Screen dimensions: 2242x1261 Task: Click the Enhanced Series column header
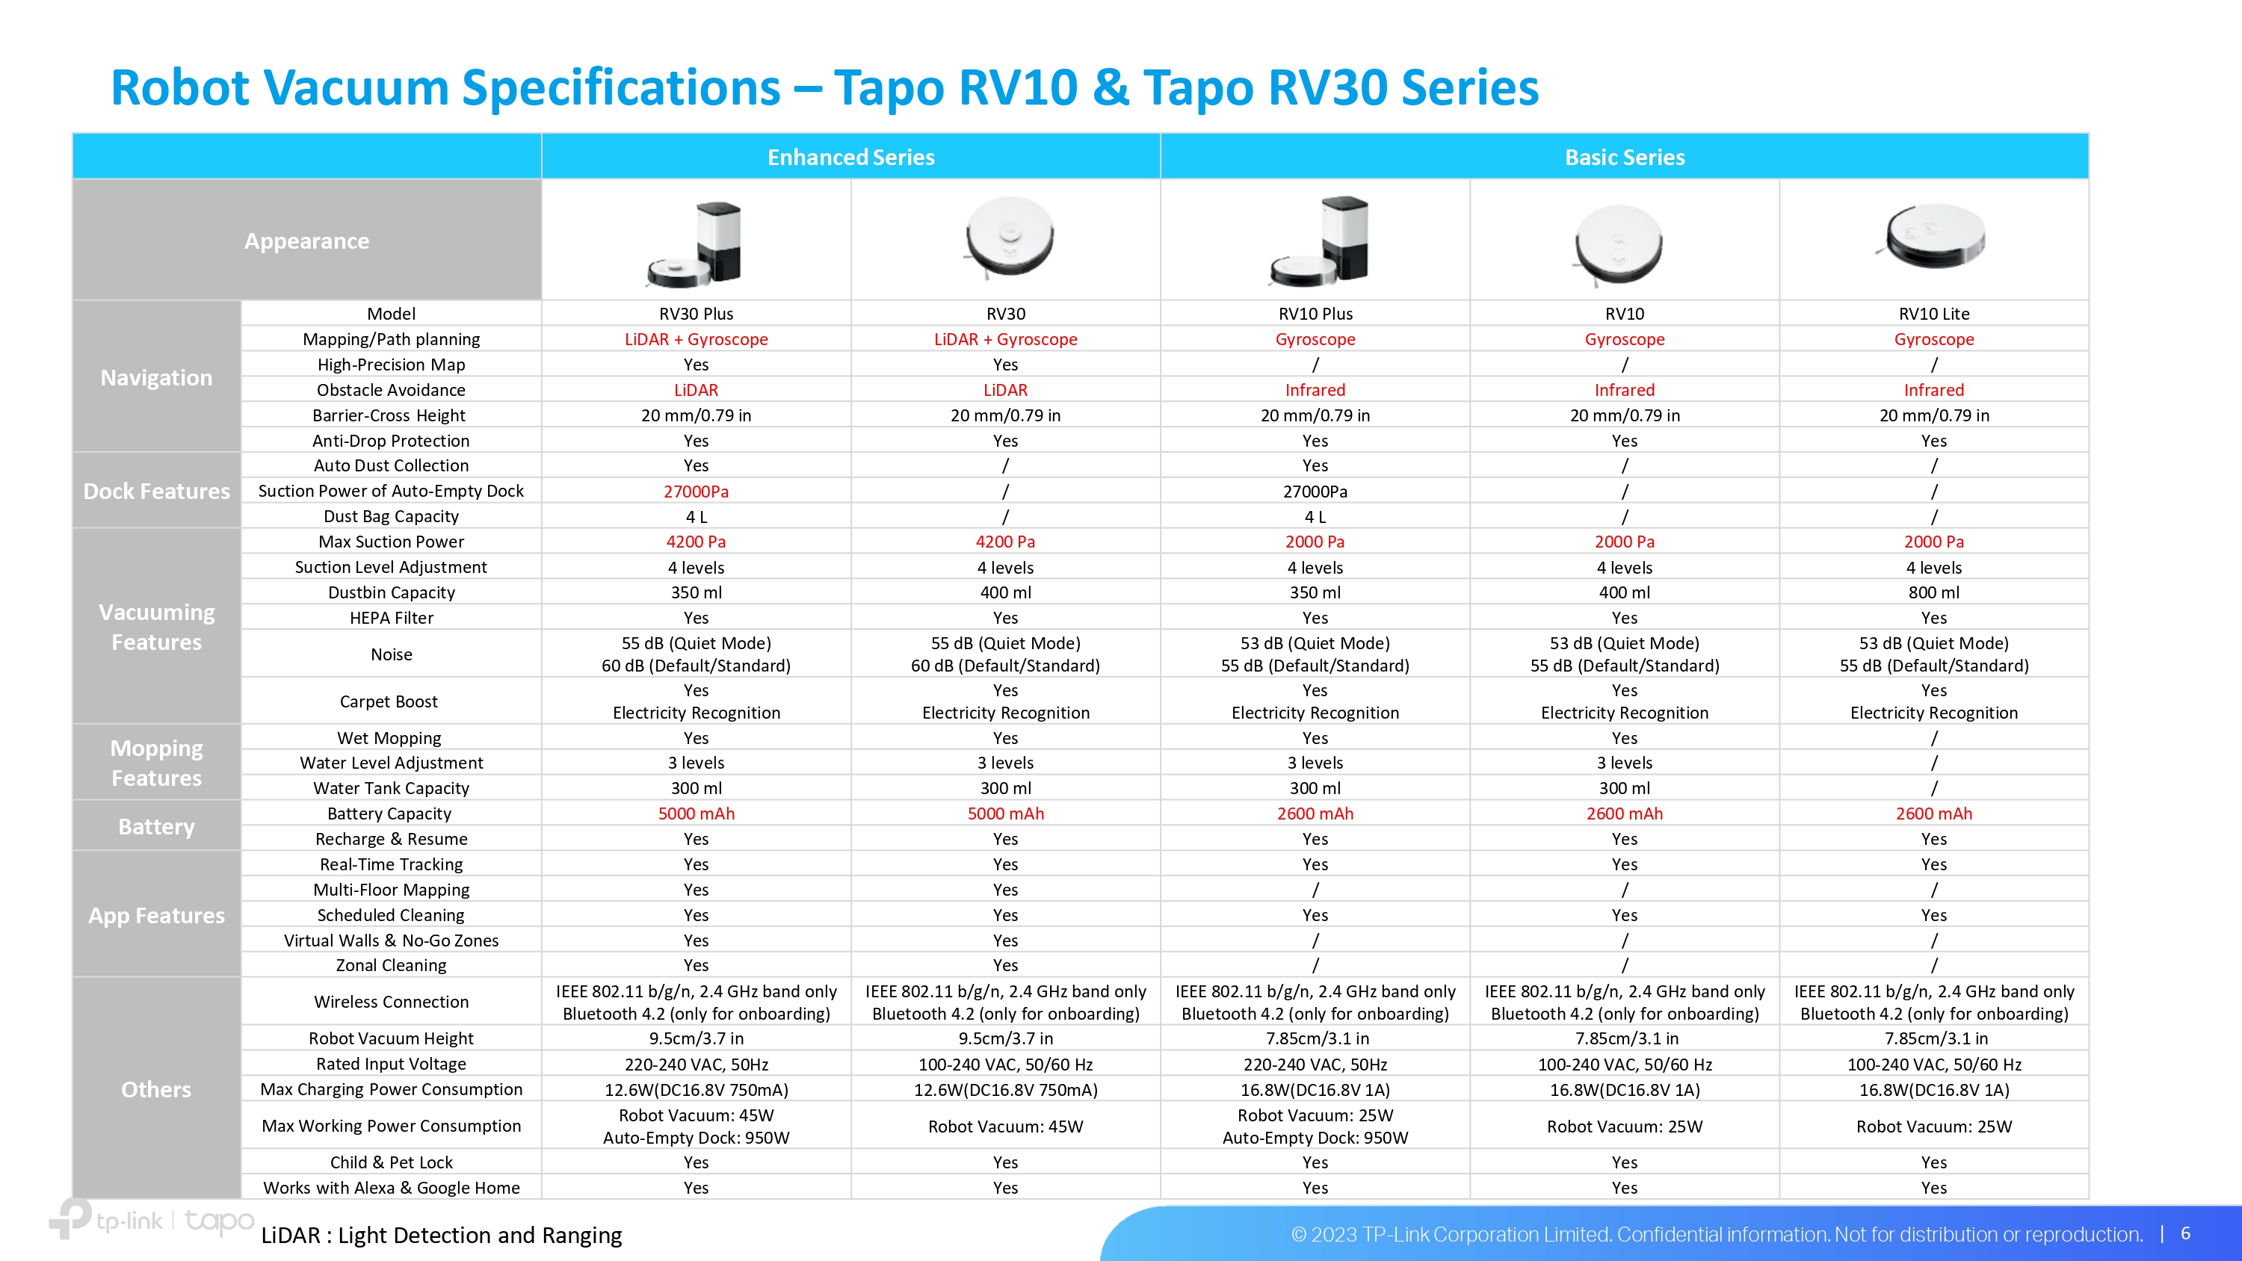coord(850,158)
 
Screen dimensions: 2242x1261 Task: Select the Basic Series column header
coord(1624,158)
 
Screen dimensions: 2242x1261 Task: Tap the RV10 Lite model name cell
coord(1934,313)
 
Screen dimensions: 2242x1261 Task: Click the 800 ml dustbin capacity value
coord(1934,592)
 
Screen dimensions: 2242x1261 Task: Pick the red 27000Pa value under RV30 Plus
coord(696,492)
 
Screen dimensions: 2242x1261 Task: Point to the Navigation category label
coord(157,378)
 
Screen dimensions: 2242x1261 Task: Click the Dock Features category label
coord(157,491)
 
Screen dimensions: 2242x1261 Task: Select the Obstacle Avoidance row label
coord(391,390)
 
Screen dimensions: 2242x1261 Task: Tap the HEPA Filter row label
coord(391,618)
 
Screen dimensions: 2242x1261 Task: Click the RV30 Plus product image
coord(696,243)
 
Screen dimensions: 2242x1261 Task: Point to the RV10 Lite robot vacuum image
coord(1933,236)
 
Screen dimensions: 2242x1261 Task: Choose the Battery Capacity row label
coord(389,814)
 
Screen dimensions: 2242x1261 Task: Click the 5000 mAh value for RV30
coord(1005,814)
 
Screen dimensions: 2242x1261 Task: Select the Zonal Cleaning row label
coord(391,965)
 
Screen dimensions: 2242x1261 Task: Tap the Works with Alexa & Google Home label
coord(391,1188)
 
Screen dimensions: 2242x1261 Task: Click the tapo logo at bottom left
coord(219,1221)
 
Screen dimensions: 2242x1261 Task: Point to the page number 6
coord(2184,1233)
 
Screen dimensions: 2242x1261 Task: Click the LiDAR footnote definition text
coord(441,1235)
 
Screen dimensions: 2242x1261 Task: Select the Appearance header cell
coord(306,241)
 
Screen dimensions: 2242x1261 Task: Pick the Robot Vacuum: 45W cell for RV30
coord(1005,1126)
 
